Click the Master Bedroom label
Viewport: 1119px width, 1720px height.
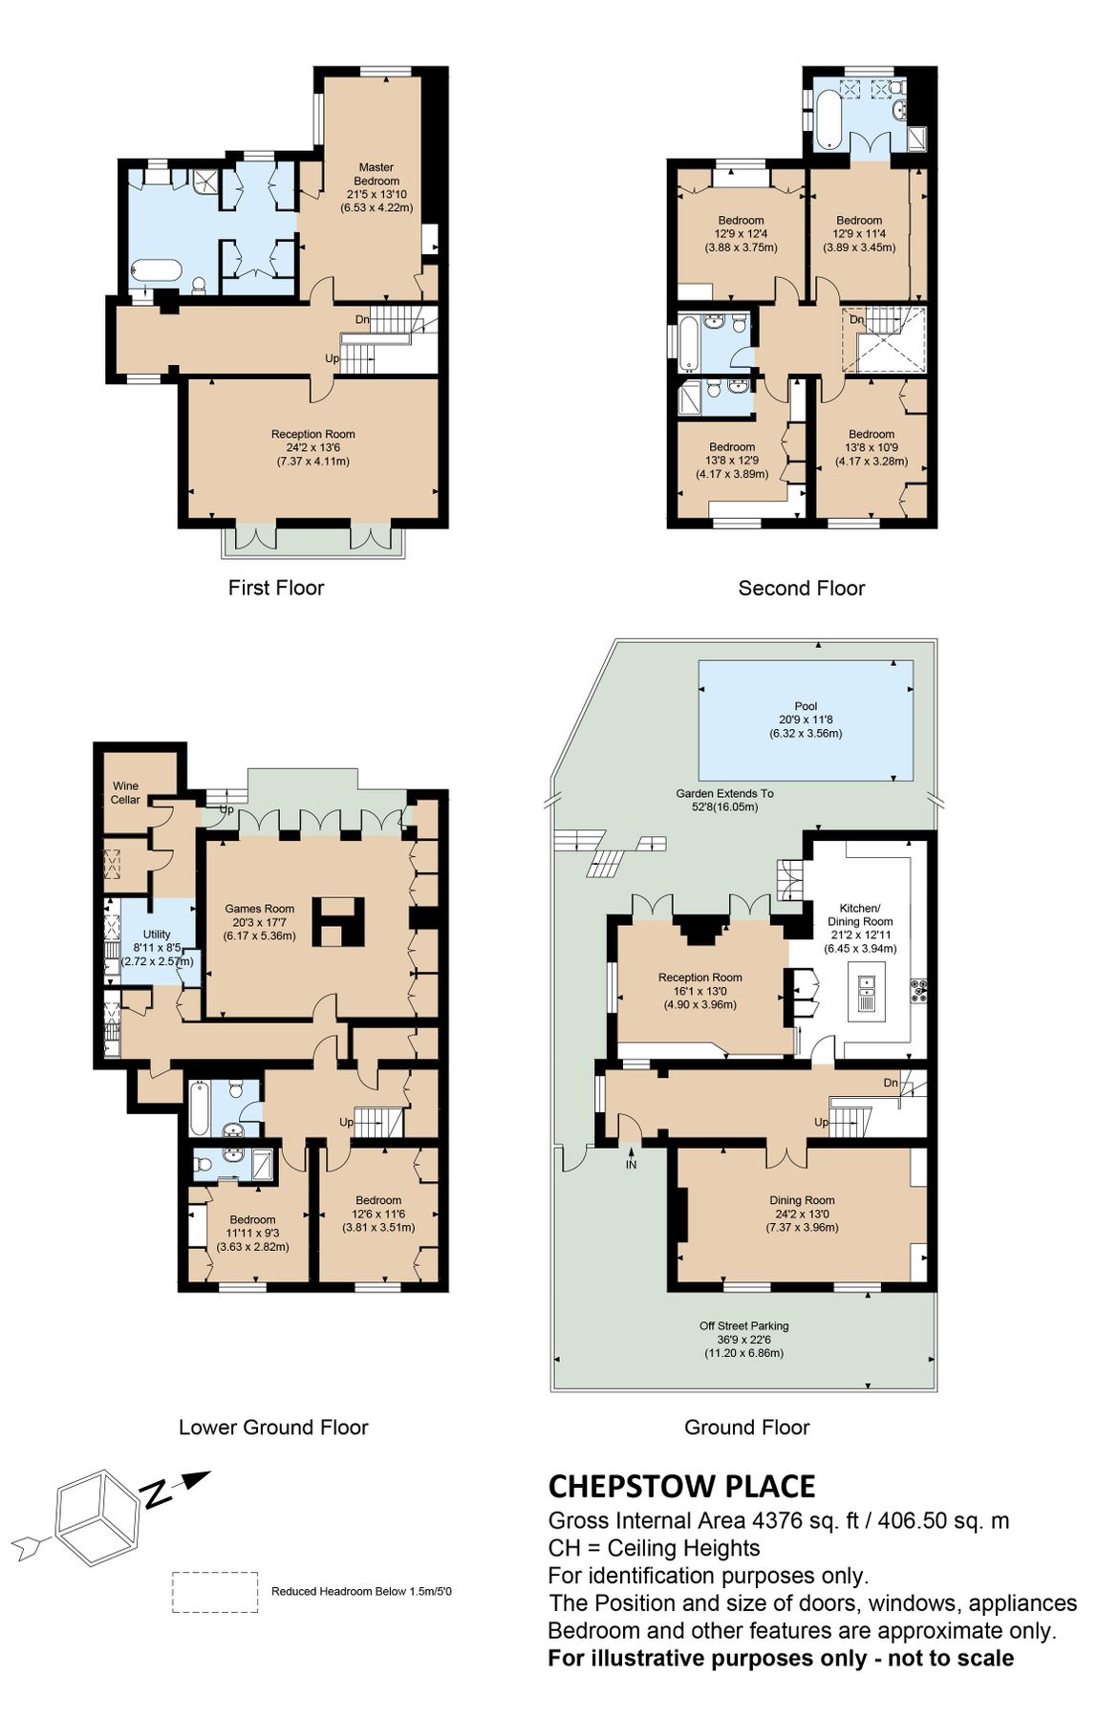point(377,174)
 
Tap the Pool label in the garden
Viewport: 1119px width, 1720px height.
point(806,706)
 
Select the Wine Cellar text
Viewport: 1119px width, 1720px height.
point(125,793)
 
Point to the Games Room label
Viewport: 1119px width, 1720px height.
point(259,909)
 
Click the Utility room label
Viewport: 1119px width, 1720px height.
point(157,935)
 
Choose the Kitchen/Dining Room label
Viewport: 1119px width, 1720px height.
point(860,914)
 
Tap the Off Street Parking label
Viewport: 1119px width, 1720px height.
point(743,1325)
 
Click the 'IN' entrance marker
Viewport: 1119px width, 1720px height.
point(631,1165)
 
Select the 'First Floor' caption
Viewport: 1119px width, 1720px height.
point(276,588)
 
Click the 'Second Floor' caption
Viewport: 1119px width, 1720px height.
point(801,589)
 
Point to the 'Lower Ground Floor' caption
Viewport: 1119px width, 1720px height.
point(273,1428)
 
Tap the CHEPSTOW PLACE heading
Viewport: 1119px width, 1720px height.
point(681,1487)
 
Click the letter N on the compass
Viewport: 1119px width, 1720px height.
point(157,1493)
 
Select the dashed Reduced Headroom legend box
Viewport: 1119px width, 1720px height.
point(215,1592)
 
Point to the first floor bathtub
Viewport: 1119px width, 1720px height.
point(156,271)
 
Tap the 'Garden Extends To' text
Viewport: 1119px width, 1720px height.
point(724,793)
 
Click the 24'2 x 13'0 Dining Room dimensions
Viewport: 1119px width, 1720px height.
point(802,1214)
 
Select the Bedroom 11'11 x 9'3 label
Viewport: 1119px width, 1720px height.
point(252,1219)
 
